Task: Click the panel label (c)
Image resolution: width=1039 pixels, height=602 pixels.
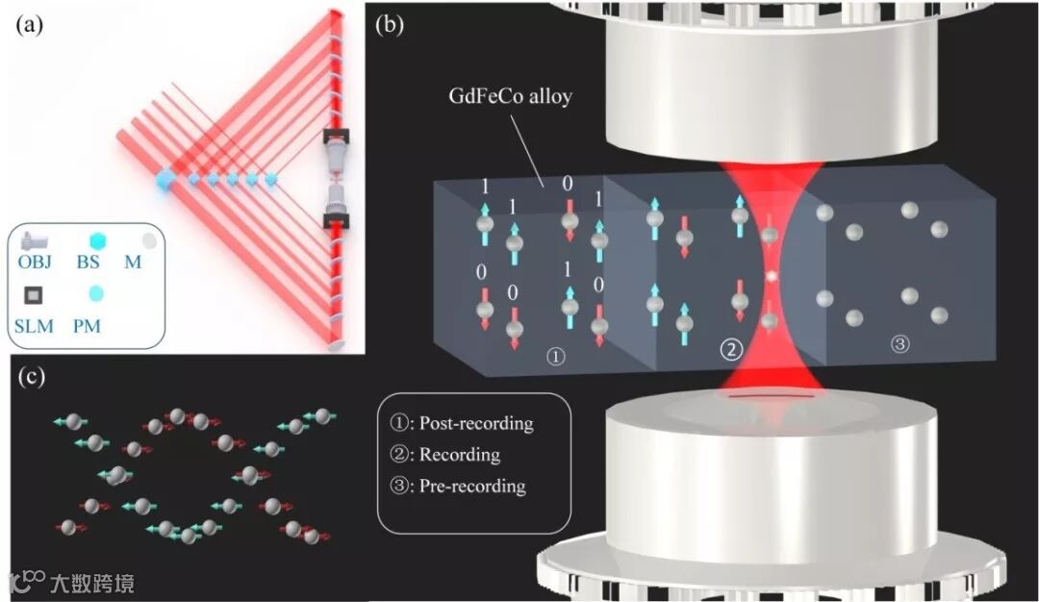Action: pyautogui.click(x=31, y=376)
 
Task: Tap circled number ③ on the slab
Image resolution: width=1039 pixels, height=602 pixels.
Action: pyautogui.click(x=900, y=342)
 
